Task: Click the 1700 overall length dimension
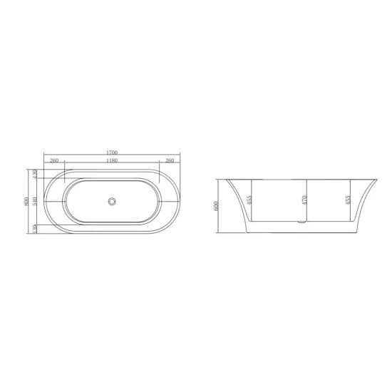coord(112,153)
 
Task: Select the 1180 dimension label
coord(112,160)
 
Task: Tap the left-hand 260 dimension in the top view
coord(54,160)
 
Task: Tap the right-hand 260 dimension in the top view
coord(170,160)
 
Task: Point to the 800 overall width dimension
coord(26,202)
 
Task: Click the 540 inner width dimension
coord(35,202)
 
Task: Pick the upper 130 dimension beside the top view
coord(35,174)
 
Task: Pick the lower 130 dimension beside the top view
coord(35,229)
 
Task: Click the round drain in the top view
coord(112,201)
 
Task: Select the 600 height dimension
coord(216,206)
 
